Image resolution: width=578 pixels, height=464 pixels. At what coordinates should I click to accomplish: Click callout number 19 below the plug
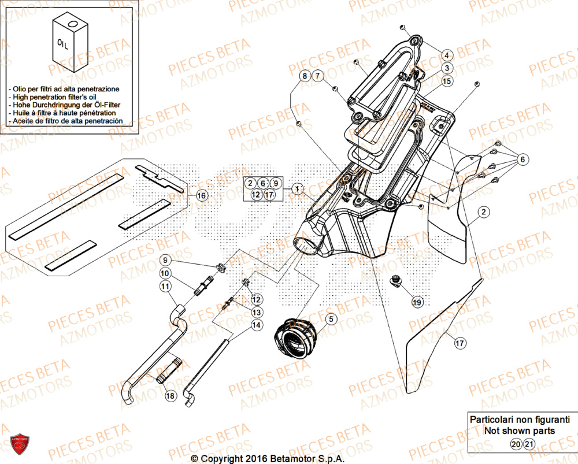click(x=417, y=302)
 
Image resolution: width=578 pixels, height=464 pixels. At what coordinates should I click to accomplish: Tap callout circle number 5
click(x=331, y=318)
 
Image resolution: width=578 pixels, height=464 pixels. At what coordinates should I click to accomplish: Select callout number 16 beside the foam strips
click(x=201, y=195)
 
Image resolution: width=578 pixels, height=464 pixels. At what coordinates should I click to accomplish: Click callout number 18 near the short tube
click(x=169, y=396)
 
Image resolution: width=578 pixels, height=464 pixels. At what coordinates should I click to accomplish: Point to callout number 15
click(x=447, y=82)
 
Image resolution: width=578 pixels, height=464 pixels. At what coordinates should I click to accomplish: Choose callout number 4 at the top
click(x=447, y=55)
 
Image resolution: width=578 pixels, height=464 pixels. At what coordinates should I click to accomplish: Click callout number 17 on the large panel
click(x=460, y=343)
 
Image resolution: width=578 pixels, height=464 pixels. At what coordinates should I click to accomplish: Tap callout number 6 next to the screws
click(x=522, y=159)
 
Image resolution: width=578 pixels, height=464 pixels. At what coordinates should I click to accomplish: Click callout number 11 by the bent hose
click(x=165, y=285)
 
